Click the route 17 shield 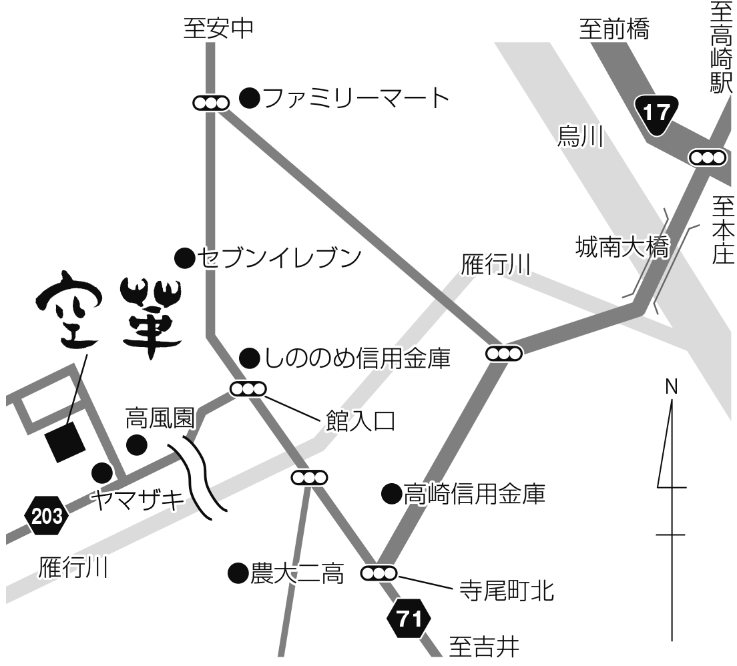657,114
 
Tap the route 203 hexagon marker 46,516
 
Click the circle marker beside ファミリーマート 249,99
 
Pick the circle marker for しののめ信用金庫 249,358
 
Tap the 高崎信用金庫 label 474,494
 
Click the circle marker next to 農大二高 238,573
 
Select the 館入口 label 360,421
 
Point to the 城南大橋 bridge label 621,249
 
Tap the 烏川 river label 580,137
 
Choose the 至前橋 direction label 613,30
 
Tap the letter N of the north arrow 671,387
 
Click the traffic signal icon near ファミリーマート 210,103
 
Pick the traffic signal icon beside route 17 707,157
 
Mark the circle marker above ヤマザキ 101,472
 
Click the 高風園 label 160,419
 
